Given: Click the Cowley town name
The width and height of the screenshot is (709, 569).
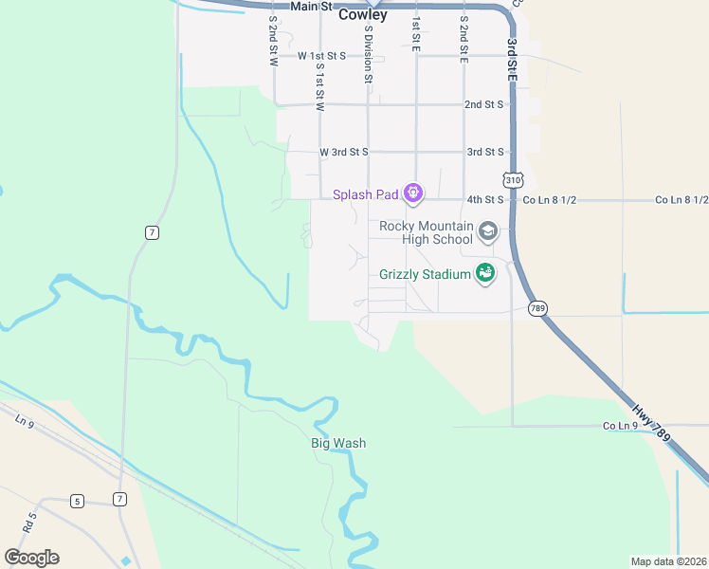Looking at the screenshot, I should [363, 15].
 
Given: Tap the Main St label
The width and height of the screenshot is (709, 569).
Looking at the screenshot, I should [314, 6].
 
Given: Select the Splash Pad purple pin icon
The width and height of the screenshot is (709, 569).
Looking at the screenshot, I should [412, 194].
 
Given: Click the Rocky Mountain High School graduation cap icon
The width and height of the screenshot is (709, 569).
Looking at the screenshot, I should [488, 231].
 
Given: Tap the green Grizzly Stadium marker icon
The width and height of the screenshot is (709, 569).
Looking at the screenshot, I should [485, 273].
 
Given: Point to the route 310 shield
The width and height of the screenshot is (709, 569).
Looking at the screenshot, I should [513, 179].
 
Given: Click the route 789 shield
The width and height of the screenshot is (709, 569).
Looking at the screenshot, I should [538, 308].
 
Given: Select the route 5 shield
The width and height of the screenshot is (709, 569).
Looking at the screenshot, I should [77, 500].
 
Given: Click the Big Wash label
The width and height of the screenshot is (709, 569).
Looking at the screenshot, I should [338, 443].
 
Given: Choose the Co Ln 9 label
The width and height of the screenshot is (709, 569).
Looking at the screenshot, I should [620, 426].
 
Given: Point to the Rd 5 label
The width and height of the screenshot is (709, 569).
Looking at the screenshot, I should [29, 521].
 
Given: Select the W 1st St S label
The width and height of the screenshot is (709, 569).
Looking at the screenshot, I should [322, 56].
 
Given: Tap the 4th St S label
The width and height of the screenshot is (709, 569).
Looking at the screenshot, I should [484, 200].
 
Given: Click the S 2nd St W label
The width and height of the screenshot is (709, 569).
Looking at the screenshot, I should [273, 41].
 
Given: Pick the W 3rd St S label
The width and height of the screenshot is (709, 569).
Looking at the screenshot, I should [343, 152].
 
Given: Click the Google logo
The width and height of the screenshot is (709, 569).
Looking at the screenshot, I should [32, 558].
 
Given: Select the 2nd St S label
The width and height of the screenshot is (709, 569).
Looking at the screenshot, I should [483, 104].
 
